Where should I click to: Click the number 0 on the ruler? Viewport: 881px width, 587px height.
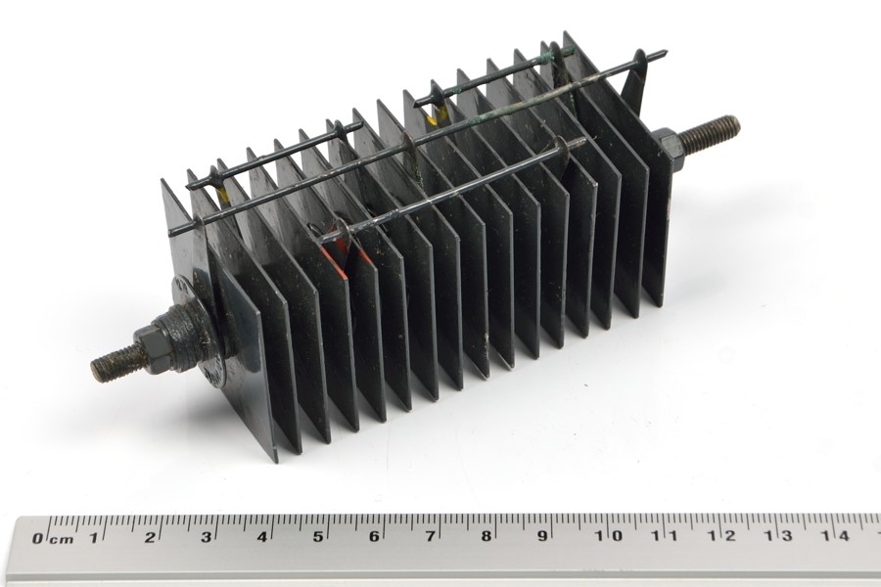(37, 539)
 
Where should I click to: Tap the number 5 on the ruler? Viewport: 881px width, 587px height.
(318, 536)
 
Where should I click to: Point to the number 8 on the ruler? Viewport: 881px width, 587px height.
(486, 536)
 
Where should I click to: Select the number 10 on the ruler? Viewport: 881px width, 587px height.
(609, 535)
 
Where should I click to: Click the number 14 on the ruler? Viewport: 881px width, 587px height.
(835, 535)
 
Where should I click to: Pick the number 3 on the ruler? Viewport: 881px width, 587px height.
(207, 537)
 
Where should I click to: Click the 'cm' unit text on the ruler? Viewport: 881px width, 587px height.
(61, 540)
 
